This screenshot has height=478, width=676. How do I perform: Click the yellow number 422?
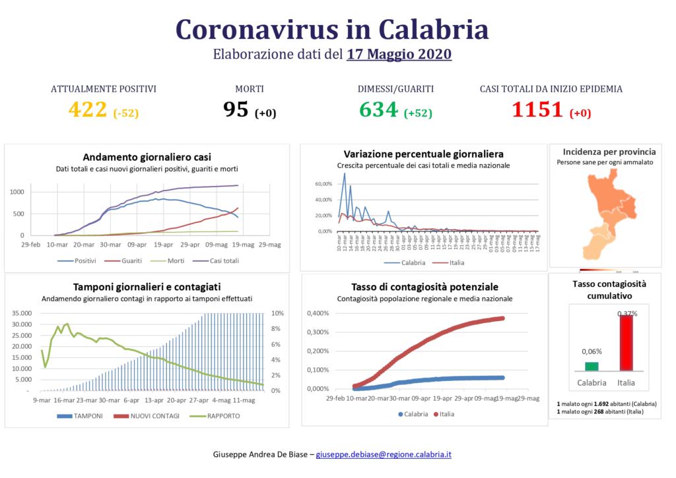tap(87, 110)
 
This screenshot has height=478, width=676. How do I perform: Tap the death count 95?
tap(236, 110)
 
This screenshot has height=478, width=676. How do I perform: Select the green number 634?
tap(379, 110)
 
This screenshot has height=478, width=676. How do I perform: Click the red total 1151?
tap(537, 110)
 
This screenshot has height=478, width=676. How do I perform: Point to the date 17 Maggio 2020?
tap(399, 54)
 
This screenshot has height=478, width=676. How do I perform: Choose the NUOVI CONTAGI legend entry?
tap(141, 416)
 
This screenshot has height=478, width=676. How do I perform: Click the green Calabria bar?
tap(591, 366)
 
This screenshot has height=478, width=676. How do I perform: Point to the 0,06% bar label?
tap(591, 351)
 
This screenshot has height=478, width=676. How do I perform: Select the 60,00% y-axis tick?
tap(323, 184)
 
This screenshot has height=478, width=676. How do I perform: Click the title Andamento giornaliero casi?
tap(147, 158)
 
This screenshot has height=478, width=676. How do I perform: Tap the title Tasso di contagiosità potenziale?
tap(424, 287)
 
